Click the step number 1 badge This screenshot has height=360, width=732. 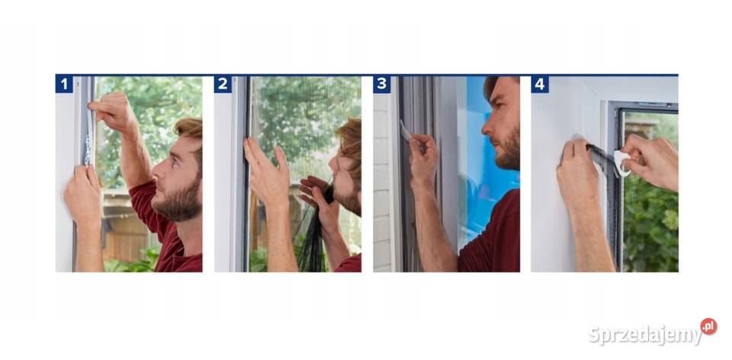click(x=64, y=85)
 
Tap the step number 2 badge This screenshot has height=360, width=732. click(x=223, y=85)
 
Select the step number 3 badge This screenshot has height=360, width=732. click(x=381, y=85)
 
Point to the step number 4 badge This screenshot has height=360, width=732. click(x=540, y=85)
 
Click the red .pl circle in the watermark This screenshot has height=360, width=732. click(x=708, y=326)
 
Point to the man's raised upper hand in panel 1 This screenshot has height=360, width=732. click(x=112, y=111)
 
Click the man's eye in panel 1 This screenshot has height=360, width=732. click(x=174, y=162)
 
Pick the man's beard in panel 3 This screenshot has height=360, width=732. click(x=508, y=149)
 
